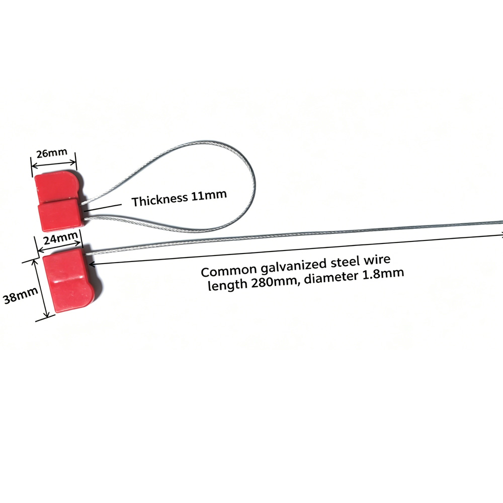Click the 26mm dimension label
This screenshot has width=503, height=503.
[52, 153]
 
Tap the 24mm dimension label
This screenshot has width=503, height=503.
[60, 238]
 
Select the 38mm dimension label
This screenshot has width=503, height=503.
[20, 295]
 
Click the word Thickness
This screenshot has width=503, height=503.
[159, 200]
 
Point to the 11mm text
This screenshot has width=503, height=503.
[209, 195]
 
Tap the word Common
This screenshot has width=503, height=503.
[229, 271]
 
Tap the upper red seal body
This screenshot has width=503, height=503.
[59, 201]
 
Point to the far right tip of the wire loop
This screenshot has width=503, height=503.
[255, 185]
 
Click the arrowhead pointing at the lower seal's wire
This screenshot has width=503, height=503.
[92, 264]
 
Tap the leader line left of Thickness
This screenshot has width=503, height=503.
[103, 208]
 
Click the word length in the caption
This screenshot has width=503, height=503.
[227, 285]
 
